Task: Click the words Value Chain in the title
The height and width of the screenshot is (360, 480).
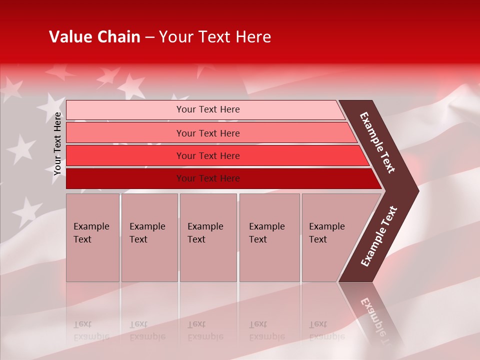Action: coord(94,37)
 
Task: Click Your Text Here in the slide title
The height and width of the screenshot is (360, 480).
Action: coord(215,37)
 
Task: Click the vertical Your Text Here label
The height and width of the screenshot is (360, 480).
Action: coord(58,143)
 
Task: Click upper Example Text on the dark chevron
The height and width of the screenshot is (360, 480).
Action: coord(377,142)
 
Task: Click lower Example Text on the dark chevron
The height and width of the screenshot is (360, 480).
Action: coord(378,236)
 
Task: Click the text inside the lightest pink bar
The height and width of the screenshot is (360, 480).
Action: coord(208,109)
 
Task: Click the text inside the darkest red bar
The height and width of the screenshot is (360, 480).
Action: coord(208,178)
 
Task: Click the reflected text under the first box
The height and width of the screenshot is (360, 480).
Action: coord(91,330)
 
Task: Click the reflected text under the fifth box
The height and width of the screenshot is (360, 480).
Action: coord(326,330)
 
